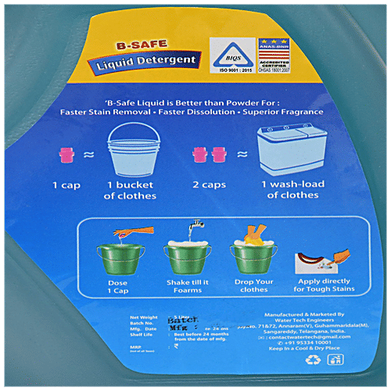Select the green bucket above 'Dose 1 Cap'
(119, 256)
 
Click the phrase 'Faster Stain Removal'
(101, 113)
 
